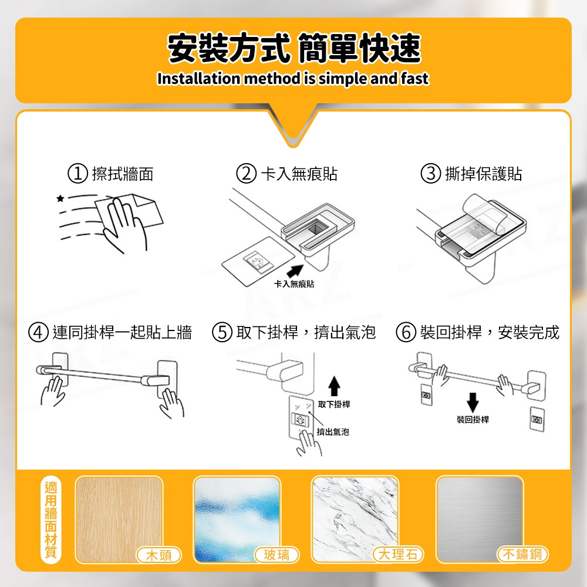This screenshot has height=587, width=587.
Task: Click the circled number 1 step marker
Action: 77,174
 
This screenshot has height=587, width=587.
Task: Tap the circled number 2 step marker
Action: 246,174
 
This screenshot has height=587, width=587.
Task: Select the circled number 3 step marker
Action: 430,174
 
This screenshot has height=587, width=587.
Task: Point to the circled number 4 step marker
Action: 39,332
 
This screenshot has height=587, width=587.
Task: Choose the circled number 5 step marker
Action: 222,332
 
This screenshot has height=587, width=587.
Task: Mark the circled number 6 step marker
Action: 406,332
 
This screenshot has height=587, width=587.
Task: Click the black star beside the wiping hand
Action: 60,198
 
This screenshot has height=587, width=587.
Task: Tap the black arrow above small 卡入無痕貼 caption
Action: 295,271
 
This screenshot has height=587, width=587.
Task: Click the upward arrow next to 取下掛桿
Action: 334,386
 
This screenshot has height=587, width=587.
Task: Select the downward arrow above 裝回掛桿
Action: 473,403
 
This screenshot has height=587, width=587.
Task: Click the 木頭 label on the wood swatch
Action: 158,555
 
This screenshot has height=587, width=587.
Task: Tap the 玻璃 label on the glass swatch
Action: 276,555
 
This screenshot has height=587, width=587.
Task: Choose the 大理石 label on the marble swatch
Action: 398,555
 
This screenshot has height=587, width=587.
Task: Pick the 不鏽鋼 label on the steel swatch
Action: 522,554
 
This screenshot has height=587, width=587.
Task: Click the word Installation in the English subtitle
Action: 199,79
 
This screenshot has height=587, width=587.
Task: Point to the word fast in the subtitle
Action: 414,79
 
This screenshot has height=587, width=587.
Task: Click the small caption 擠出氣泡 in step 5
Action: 333,432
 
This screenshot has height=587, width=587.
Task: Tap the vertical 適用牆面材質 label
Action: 50,520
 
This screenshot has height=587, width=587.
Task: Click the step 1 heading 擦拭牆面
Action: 123,174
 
